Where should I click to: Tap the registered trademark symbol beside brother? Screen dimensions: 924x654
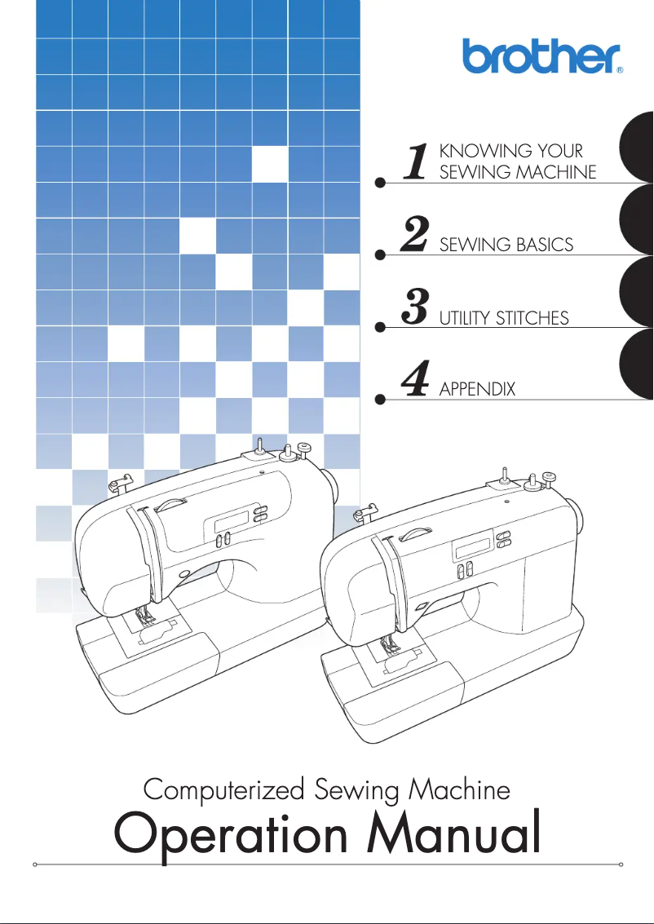[620, 71]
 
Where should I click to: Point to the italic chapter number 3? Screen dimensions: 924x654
[417, 307]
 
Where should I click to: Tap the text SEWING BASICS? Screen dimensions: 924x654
[506, 245]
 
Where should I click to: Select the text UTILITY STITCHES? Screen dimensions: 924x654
[503, 318]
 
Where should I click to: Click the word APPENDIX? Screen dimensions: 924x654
[477, 390]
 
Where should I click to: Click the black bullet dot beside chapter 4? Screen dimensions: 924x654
[379, 400]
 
